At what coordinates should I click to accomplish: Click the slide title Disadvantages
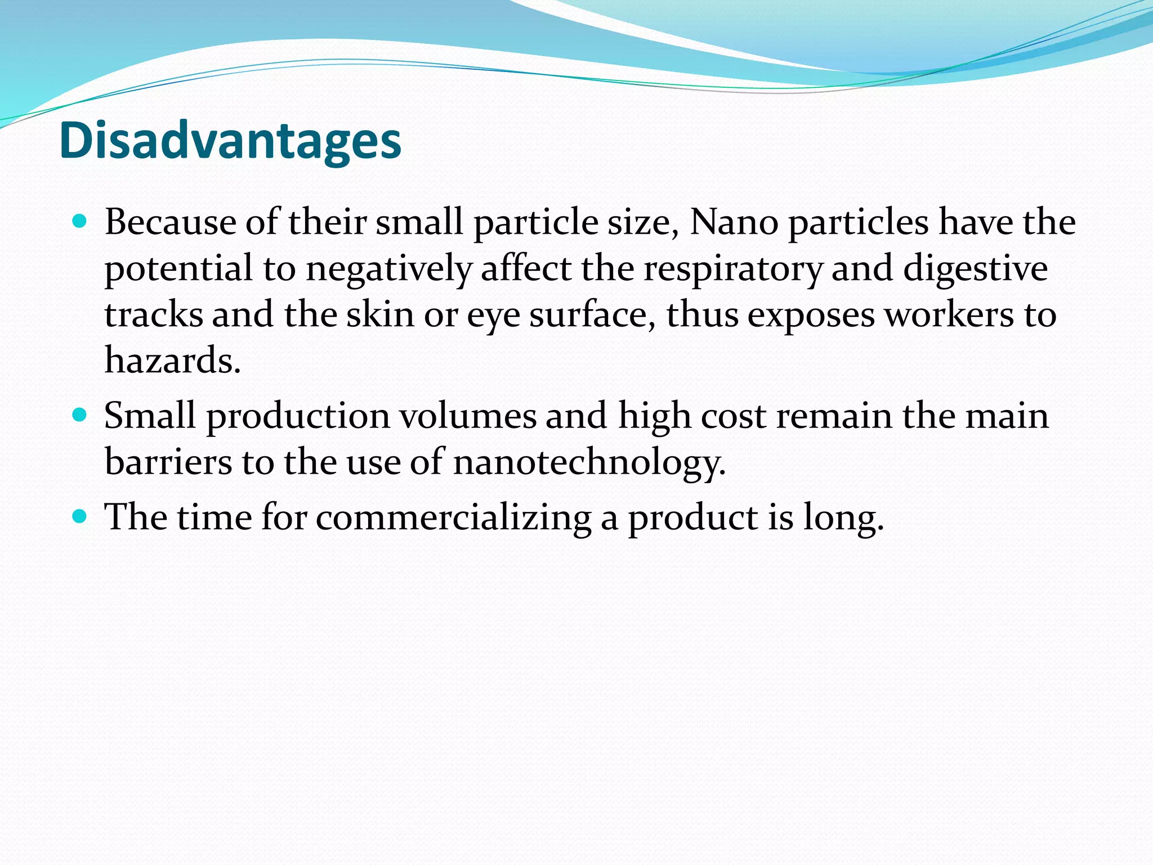(230, 141)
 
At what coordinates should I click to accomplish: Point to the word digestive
(975, 269)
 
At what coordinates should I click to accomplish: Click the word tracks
(154, 314)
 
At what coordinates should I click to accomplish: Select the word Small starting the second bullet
(150, 416)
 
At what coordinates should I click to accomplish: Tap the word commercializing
(453, 517)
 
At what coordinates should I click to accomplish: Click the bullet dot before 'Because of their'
(80, 221)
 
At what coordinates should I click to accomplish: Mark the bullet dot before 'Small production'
(80, 415)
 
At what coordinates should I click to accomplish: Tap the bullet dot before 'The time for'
(80, 516)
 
